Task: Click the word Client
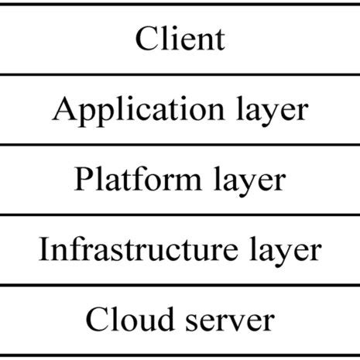click(x=180, y=38)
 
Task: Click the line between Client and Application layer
click(x=180, y=74)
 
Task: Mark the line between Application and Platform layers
click(x=180, y=144)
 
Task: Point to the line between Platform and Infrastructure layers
click(x=180, y=214)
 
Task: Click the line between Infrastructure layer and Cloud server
click(x=180, y=284)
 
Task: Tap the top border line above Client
click(x=180, y=4)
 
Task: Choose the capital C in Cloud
click(x=97, y=318)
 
